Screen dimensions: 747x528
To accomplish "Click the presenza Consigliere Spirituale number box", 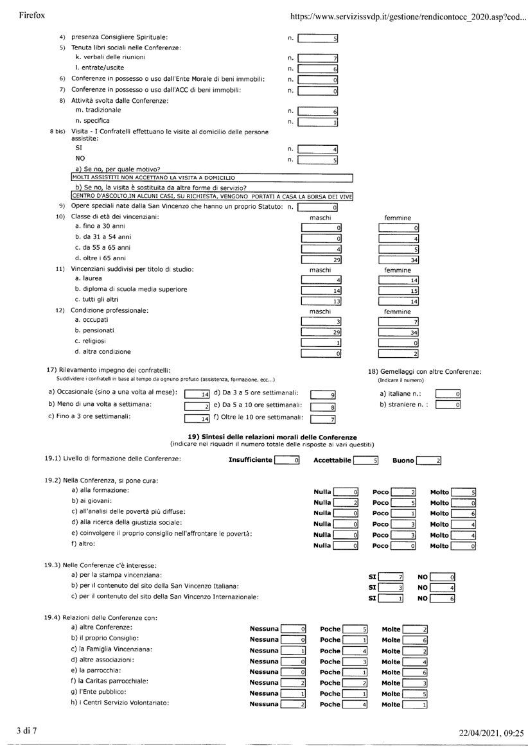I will tap(318, 39).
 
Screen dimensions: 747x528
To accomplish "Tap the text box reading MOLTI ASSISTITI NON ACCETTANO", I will tap(212, 177).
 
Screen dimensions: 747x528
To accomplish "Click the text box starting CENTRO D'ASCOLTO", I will tap(212, 196).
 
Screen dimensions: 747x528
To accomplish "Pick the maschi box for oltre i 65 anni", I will tap(321, 259).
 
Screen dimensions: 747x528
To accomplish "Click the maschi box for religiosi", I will tap(321, 342).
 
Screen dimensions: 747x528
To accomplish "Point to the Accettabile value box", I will tap(367, 460).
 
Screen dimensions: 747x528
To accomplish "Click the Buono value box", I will tap(428, 460).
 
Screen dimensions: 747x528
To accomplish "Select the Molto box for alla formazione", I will tap(463, 492).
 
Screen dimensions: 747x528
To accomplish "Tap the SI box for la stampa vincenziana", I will tap(391, 577).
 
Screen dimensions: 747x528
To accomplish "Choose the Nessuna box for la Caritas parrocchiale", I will tap(294, 682).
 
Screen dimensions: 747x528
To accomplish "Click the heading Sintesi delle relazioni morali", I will tap(272, 437).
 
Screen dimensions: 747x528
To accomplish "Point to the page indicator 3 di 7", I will tap(28, 730).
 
